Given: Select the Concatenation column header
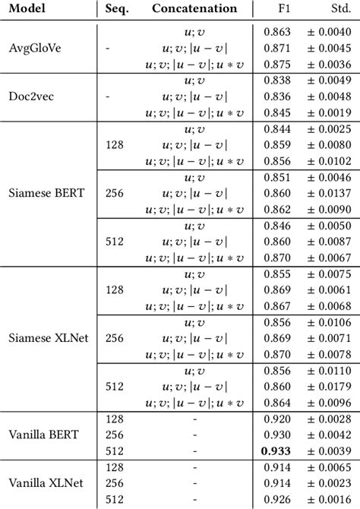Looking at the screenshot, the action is click(x=194, y=9).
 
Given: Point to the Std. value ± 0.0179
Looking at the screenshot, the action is click(x=324, y=387).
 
